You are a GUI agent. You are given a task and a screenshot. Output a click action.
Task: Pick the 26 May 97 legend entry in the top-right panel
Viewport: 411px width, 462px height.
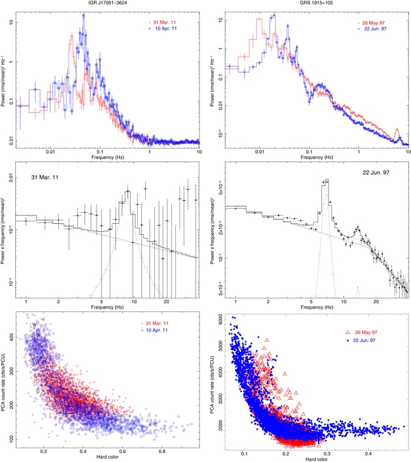[x=373, y=23]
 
